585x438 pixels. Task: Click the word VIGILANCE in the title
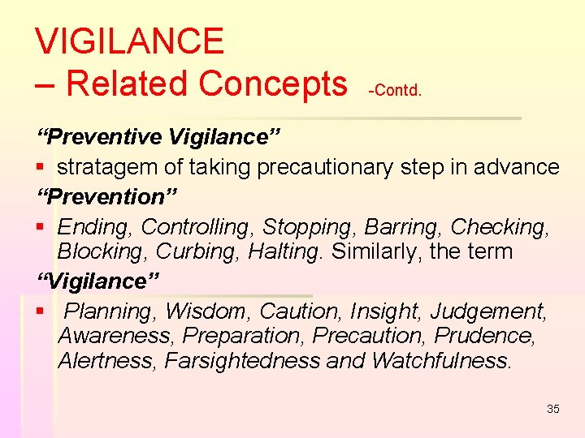(130, 41)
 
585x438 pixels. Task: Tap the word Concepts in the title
(273, 83)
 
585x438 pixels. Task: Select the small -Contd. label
(395, 90)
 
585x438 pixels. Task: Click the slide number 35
(553, 409)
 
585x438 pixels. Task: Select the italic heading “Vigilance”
(99, 281)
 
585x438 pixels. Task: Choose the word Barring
(405, 226)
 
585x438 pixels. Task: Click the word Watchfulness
(442, 360)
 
